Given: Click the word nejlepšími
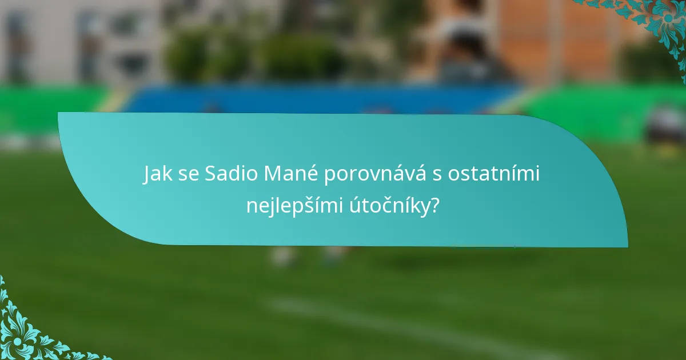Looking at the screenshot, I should [294, 206].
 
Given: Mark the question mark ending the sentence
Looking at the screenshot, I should [436, 206].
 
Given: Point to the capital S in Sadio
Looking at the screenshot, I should [209, 175].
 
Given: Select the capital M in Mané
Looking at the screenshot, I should [270, 175].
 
